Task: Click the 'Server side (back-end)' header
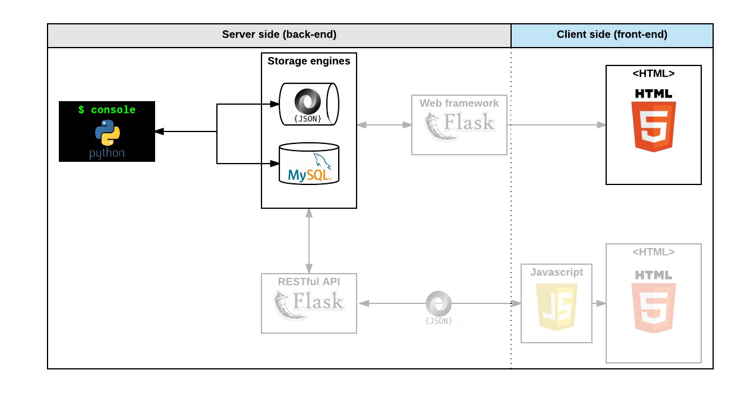(279, 35)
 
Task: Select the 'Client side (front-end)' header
(612, 35)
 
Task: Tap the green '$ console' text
(107, 110)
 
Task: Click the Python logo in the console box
(107, 133)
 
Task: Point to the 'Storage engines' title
(308, 61)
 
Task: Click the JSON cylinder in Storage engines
(308, 104)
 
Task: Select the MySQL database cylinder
(308, 164)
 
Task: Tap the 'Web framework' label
(459, 103)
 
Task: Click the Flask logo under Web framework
(459, 125)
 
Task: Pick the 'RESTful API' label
(308, 281)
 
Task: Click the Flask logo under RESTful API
(308, 303)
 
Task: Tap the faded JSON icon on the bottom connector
(439, 306)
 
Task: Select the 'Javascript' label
(556, 272)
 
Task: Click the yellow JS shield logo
(556, 306)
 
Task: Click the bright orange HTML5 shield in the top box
(653, 125)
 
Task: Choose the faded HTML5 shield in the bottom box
(653, 306)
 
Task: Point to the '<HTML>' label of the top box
(653, 73)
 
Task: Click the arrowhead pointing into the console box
(159, 131)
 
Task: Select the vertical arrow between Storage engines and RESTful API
(309, 240)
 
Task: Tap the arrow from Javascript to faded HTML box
(599, 303)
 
